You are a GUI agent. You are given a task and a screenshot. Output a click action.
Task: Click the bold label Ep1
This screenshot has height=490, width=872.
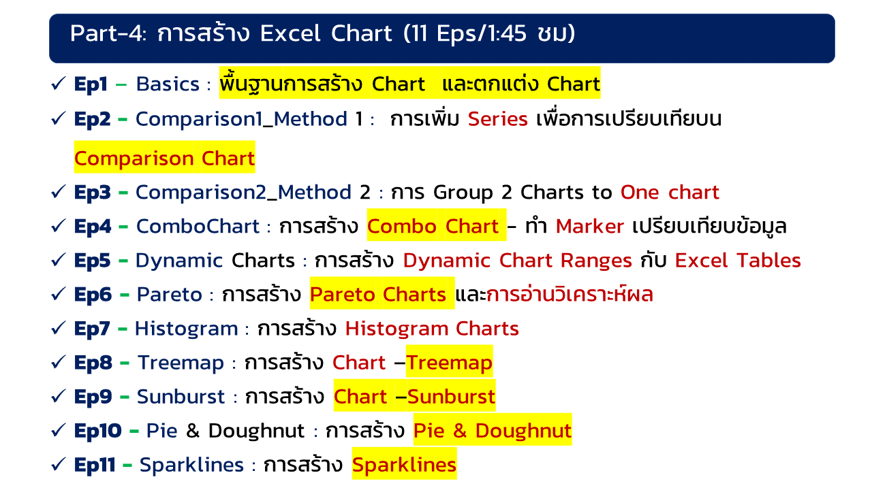91,84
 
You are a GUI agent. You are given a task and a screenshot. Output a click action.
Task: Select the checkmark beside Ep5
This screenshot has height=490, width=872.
59,260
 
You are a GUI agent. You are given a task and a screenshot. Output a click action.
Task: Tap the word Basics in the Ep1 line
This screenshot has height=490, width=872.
168,84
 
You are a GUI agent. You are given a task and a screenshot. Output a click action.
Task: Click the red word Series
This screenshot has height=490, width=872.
497,119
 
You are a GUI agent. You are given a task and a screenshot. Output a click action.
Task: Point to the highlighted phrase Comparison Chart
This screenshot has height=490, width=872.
164,159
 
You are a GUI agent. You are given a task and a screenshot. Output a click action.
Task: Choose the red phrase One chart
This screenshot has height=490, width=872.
670,192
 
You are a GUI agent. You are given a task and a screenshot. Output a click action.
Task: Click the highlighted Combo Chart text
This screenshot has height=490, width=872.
433,227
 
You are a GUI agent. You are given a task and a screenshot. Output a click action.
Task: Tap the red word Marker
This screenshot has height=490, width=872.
589,227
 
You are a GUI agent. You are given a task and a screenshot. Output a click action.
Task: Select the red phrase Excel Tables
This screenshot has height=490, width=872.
738,261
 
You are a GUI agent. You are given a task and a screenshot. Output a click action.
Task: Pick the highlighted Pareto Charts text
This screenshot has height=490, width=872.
378,295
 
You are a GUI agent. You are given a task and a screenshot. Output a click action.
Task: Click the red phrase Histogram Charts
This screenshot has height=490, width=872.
432,329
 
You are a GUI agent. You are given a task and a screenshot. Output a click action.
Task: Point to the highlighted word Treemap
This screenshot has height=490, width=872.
449,363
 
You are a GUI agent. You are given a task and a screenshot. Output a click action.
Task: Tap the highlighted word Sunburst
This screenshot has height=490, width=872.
451,397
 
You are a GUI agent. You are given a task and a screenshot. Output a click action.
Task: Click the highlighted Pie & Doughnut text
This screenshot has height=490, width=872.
493,431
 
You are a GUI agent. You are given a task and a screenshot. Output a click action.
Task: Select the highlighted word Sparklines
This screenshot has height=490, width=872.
404,465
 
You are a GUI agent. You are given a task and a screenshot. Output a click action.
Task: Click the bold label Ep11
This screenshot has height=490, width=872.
95,465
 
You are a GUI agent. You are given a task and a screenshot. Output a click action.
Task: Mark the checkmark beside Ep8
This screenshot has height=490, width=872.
59,362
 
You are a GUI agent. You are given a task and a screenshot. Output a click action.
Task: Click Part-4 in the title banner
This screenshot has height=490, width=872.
108,33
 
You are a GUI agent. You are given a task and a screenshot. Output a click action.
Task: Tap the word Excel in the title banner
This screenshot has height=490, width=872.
290,33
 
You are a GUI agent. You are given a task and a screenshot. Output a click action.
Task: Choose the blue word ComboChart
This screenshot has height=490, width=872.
198,227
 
